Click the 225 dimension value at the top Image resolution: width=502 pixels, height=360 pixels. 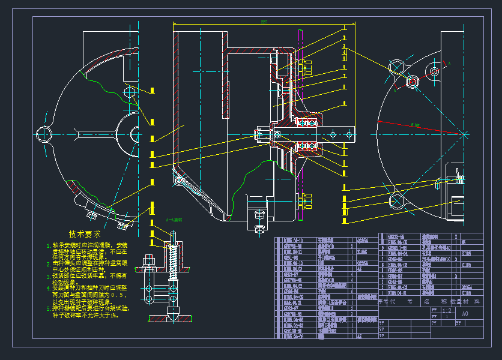coord(264,22)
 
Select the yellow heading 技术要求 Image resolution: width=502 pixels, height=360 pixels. coord(85,234)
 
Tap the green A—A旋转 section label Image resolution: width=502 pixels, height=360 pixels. coord(174,220)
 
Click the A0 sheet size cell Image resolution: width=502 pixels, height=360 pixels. coord(465,313)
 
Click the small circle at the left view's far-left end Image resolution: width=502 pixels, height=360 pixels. coord(43,134)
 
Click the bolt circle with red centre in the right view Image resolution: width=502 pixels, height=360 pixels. coord(434,72)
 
